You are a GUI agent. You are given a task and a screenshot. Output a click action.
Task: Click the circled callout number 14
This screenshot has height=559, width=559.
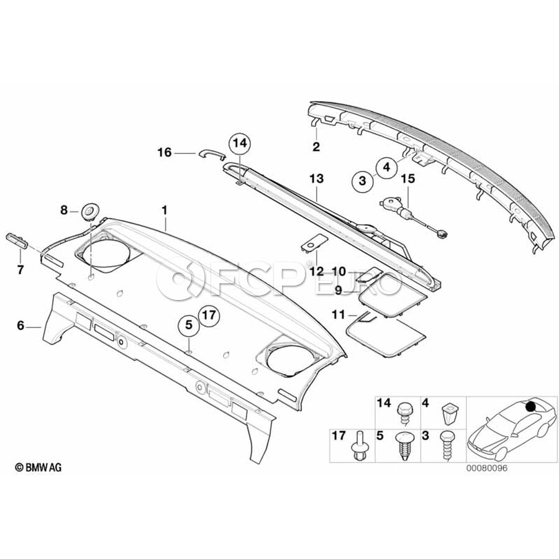click(240, 143)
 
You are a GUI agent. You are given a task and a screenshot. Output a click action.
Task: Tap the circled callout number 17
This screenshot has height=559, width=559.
click(209, 315)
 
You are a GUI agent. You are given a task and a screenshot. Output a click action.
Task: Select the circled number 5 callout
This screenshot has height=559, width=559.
click(189, 325)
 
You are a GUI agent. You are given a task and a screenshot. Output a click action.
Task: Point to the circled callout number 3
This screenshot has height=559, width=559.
click(363, 181)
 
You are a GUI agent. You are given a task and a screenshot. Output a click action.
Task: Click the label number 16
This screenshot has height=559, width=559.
click(165, 153)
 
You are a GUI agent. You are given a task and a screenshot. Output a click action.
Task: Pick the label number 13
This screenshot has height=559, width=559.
click(316, 178)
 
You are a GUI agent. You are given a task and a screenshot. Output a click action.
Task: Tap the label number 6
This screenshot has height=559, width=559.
click(20, 325)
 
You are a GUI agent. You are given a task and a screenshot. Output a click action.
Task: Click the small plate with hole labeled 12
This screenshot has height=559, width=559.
click(314, 242)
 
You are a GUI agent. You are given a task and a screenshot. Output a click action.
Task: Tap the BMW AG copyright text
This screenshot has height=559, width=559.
click(38, 467)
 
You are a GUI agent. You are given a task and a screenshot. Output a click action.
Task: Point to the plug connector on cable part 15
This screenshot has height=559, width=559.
click(442, 234)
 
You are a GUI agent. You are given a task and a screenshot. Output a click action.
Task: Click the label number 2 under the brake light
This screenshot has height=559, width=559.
click(316, 147)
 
